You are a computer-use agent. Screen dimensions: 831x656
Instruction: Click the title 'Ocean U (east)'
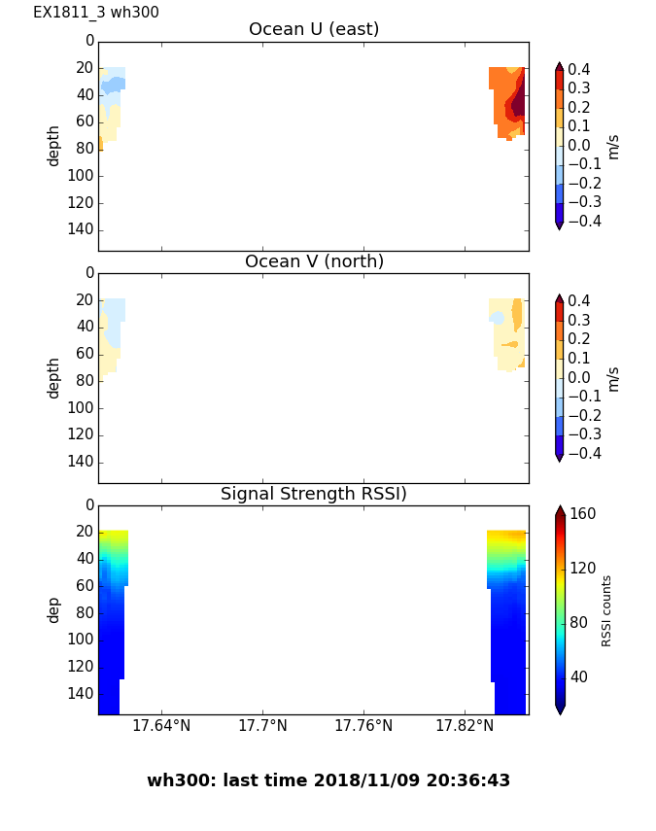coord(313,29)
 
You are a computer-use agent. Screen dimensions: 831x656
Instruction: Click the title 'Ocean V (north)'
coord(313,261)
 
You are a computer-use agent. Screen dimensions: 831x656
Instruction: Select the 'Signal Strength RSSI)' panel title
coord(313,494)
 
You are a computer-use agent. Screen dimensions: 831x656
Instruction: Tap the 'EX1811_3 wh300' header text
coord(96,13)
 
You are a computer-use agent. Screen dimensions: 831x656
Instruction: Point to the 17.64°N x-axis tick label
coord(161,725)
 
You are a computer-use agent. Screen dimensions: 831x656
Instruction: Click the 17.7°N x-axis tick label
coord(262,725)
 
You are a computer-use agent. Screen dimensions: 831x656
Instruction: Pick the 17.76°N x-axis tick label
coord(363,725)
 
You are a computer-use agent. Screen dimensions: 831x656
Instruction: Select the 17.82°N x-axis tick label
coord(465,725)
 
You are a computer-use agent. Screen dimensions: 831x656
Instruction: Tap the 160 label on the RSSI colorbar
coord(582,514)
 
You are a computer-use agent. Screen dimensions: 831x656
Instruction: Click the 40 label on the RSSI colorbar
coord(578,676)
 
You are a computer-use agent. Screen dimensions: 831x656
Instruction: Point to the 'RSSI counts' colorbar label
coord(606,610)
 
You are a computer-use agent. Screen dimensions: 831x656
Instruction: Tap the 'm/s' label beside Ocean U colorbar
coord(612,146)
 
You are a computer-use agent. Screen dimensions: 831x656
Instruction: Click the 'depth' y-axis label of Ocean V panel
coord(54,377)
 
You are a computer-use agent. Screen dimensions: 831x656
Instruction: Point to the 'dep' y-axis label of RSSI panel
coord(54,609)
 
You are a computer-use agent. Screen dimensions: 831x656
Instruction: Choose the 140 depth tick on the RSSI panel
coord(82,694)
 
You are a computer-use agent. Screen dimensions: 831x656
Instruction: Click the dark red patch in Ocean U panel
coord(519,102)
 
